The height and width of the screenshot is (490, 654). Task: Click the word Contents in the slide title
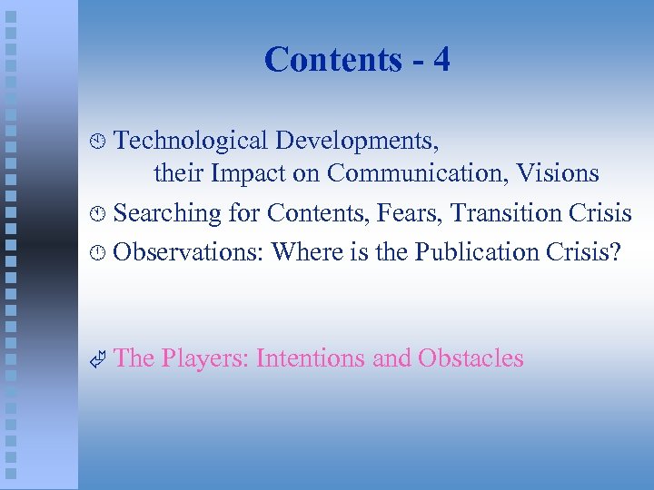coord(332,60)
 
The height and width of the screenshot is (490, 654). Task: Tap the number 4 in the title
coord(441,60)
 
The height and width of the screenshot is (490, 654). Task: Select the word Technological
coord(192,141)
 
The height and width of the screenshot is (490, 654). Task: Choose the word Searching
coord(168,212)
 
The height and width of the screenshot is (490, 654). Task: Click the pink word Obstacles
coord(471,358)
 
